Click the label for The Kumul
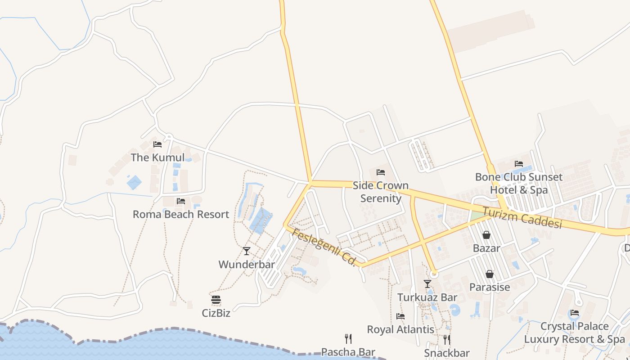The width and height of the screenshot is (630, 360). coord(157,157)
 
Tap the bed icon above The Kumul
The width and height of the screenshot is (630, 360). coord(157,144)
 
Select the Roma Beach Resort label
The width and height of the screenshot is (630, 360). coord(181,214)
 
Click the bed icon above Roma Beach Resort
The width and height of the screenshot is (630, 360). coord(181,201)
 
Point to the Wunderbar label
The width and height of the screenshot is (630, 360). coord(247,264)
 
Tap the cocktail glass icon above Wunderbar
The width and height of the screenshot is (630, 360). coord(247,251)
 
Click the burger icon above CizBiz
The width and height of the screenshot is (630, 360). coord(216,300)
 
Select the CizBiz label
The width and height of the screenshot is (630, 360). coord(216,313)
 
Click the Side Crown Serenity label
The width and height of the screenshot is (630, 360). coord(381,192)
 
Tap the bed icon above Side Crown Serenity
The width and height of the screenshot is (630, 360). coord(381,172)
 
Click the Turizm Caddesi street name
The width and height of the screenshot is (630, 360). coord(522,217)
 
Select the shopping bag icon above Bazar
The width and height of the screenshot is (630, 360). coord(486,235)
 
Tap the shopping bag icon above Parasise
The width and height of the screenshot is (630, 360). coord(490,274)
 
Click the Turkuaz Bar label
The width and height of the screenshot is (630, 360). coord(427,297)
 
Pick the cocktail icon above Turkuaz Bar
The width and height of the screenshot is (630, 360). coord(427,284)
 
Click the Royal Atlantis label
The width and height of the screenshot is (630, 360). coord(400,329)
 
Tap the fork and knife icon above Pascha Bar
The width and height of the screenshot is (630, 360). coord(348,338)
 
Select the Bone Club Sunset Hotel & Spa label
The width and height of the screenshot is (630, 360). coord(519,183)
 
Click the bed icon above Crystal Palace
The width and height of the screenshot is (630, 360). coord(575,313)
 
